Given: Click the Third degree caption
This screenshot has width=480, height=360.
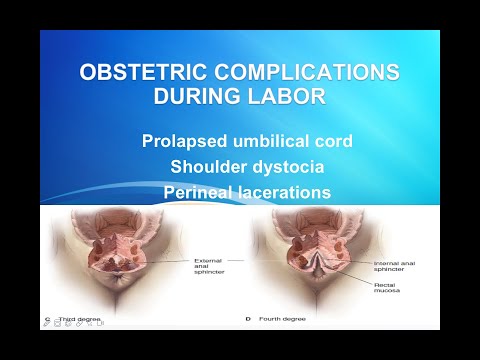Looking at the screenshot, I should pyautogui.click(x=77, y=320).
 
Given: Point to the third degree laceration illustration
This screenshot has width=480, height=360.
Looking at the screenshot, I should pyautogui.click(x=112, y=255).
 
